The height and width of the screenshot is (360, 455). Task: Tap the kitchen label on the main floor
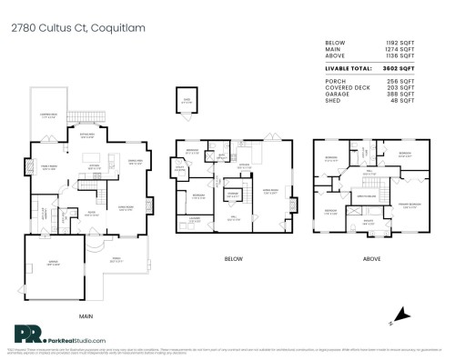(93, 165)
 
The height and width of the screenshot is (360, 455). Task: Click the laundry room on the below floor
(196, 219)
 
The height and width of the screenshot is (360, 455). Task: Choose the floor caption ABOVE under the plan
(371, 258)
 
